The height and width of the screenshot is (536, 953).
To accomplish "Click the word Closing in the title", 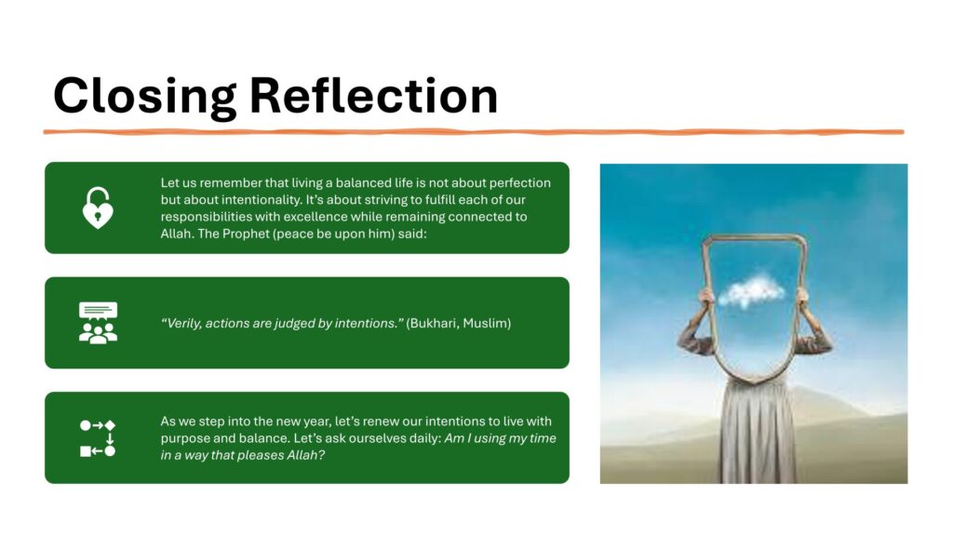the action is (144, 97).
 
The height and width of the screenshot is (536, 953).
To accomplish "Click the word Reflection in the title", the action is (374, 95).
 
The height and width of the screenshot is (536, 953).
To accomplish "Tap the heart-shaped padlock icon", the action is (98, 208).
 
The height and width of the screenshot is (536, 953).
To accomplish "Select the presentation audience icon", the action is (98, 323).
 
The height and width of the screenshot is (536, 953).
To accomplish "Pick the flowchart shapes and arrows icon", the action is (98, 438).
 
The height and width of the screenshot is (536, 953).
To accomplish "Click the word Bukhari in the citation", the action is (434, 323).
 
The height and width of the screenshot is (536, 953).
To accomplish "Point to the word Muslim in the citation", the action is (486, 323).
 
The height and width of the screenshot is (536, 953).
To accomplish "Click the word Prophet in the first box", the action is (245, 234).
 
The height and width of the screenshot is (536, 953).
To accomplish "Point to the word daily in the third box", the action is (425, 438).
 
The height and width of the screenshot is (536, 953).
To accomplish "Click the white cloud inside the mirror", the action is (751, 291).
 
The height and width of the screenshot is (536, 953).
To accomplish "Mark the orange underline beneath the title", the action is (474, 131).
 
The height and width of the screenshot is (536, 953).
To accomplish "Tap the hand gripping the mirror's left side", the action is (706, 297).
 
